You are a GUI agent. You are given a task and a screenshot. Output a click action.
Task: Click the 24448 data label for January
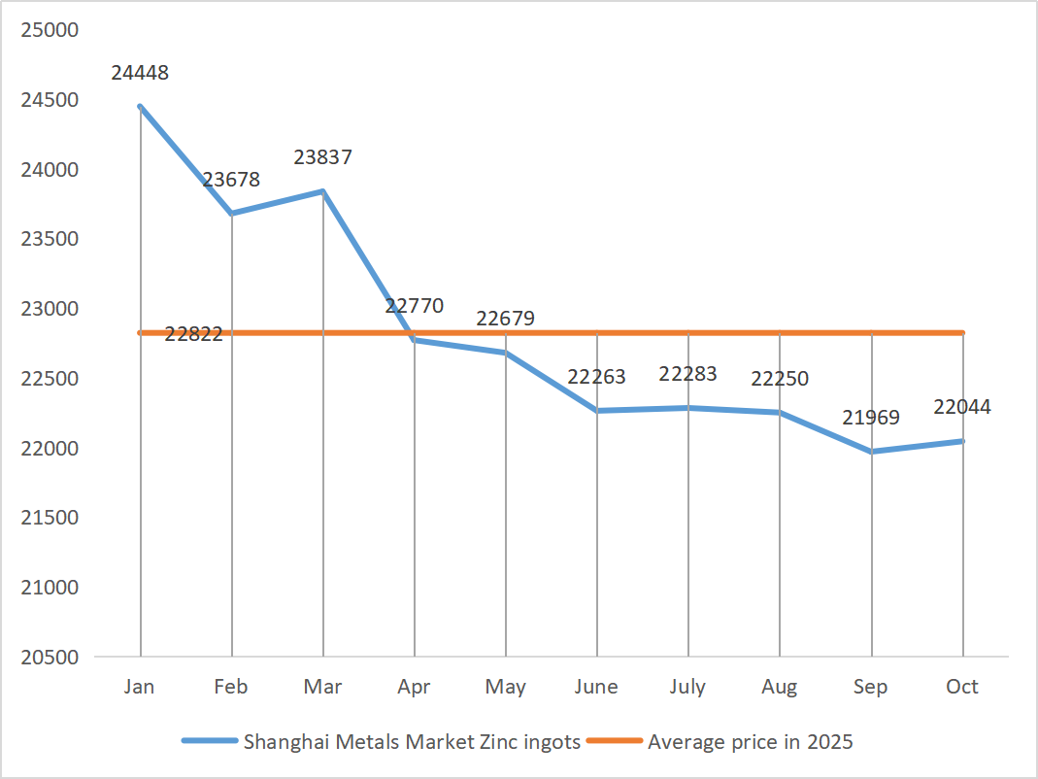(140, 72)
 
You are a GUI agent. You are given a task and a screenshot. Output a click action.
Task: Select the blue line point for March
(322, 191)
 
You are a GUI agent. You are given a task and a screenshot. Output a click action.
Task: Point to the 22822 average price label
(193, 334)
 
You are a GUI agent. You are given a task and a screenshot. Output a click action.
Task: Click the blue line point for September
(871, 452)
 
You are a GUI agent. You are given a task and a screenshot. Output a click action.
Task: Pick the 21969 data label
(871, 418)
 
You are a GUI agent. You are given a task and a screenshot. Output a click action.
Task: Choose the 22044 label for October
(962, 407)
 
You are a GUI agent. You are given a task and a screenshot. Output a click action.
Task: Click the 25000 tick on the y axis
(49, 30)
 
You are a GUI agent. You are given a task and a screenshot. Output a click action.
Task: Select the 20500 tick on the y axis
(49, 657)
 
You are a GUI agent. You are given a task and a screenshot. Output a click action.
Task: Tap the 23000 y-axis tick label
(49, 309)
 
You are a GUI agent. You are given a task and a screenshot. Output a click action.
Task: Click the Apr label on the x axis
(414, 687)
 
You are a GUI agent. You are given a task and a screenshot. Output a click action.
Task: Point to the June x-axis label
(596, 687)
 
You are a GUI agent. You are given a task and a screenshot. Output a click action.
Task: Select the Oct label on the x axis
(962, 687)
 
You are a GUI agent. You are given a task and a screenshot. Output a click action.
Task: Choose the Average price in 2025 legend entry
(750, 742)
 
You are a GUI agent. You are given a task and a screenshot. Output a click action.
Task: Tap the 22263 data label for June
(596, 377)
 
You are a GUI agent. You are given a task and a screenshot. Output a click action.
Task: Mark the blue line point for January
(140, 107)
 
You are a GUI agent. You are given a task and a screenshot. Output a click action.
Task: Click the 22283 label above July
(687, 374)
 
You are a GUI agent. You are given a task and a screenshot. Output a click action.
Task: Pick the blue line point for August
(780, 413)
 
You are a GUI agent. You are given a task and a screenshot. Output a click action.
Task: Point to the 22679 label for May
(505, 319)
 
